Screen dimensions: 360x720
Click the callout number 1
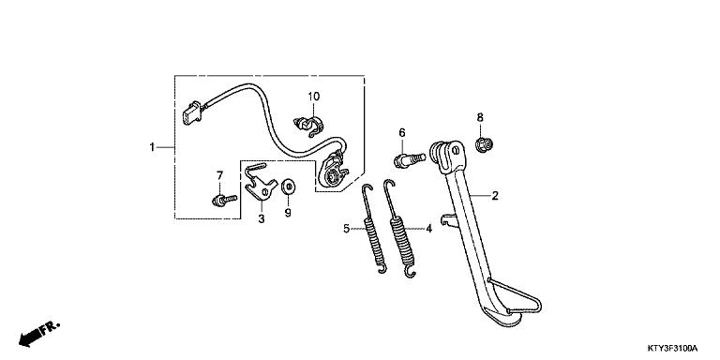tap(151, 147)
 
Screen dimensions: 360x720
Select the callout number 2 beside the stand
tap(494, 197)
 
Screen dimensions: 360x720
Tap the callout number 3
tap(262, 218)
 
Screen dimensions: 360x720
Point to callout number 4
tap(428, 228)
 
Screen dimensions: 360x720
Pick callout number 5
tap(347, 228)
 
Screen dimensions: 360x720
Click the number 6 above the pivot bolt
tap(400, 133)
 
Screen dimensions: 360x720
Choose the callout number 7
tap(220, 175)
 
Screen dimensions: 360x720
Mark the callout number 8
tap(480, 117)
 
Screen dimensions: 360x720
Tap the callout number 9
tap(289, 213)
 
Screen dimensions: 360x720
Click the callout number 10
tap(314, 97)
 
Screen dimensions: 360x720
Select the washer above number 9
tap(288, 187)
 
